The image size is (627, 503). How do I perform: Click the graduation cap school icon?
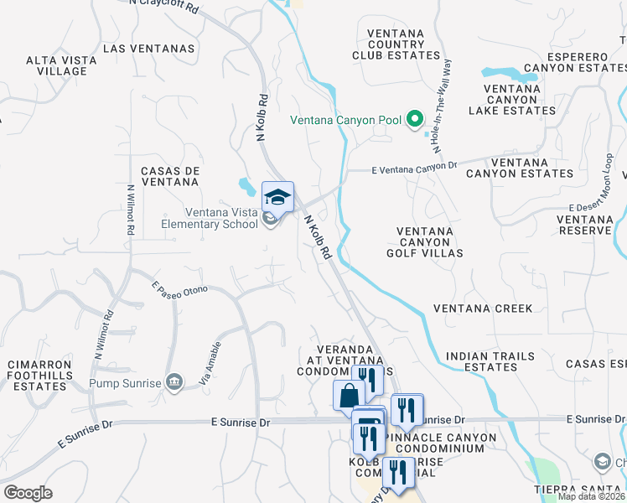click(x=277, y=196)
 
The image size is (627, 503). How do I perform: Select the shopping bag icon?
click(x=348, y=394)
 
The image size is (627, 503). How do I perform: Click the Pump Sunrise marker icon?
click(x=174, y=383)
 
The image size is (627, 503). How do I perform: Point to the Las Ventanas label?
click(x=148, y=49)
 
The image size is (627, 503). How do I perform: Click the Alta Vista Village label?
click(x=56, y=65)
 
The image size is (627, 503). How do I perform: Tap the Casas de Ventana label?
click(x=170, y=176)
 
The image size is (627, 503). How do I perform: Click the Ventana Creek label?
click(x=483, y=309)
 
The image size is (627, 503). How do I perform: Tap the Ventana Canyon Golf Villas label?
click(x=425, y=241)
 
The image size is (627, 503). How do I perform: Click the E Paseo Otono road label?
click(x=179, y=289)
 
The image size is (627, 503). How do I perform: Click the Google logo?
click(x=28, y=492)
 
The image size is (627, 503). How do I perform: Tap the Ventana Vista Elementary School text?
click(x=210, y=219)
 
